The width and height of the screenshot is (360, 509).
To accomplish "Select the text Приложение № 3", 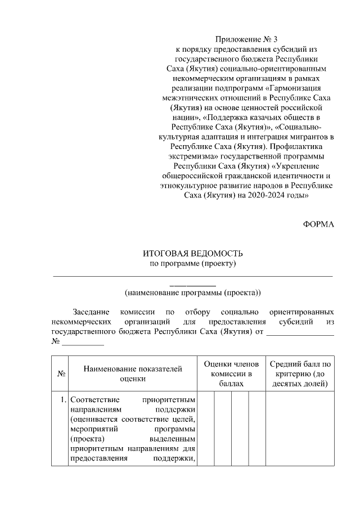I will tap(247, 39).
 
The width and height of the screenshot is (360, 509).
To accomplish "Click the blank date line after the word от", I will tap(300, 331).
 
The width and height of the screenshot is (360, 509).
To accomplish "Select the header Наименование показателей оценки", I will tap(133, 373).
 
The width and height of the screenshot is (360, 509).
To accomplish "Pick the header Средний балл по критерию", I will tap(300, 373).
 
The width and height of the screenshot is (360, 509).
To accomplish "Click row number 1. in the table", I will tap(63, 400).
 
